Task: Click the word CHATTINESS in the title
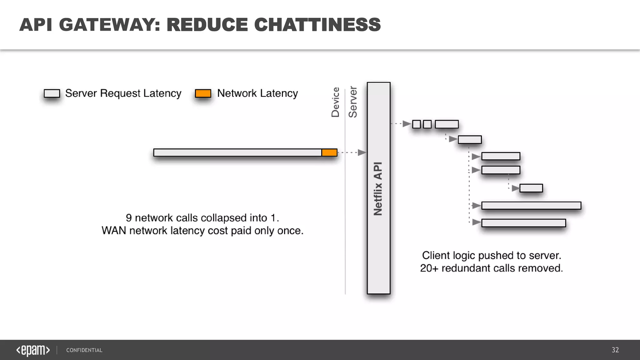[x=317, y=25]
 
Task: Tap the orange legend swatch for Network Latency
[x=203, y=93]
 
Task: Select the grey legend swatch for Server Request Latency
[x=52, y=93]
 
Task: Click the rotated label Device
[x=335, y=102]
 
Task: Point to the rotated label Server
[x=353, y=102]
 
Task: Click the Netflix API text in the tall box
[x=378, y=189]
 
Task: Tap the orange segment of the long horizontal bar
[x=329, y=152]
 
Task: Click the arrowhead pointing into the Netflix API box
[x=362, y=152]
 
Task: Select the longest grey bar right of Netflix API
[x=531, y=206]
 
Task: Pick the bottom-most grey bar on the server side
[x=523, y=223]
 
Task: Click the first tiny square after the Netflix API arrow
[x=416, y=124]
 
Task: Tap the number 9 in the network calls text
[x=128, y=218]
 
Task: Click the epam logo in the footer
[x=33, y=350]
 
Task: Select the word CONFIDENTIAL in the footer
[x=84, y=350]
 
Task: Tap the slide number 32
[x=615, y=350]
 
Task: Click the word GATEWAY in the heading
[x=109, y=25]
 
